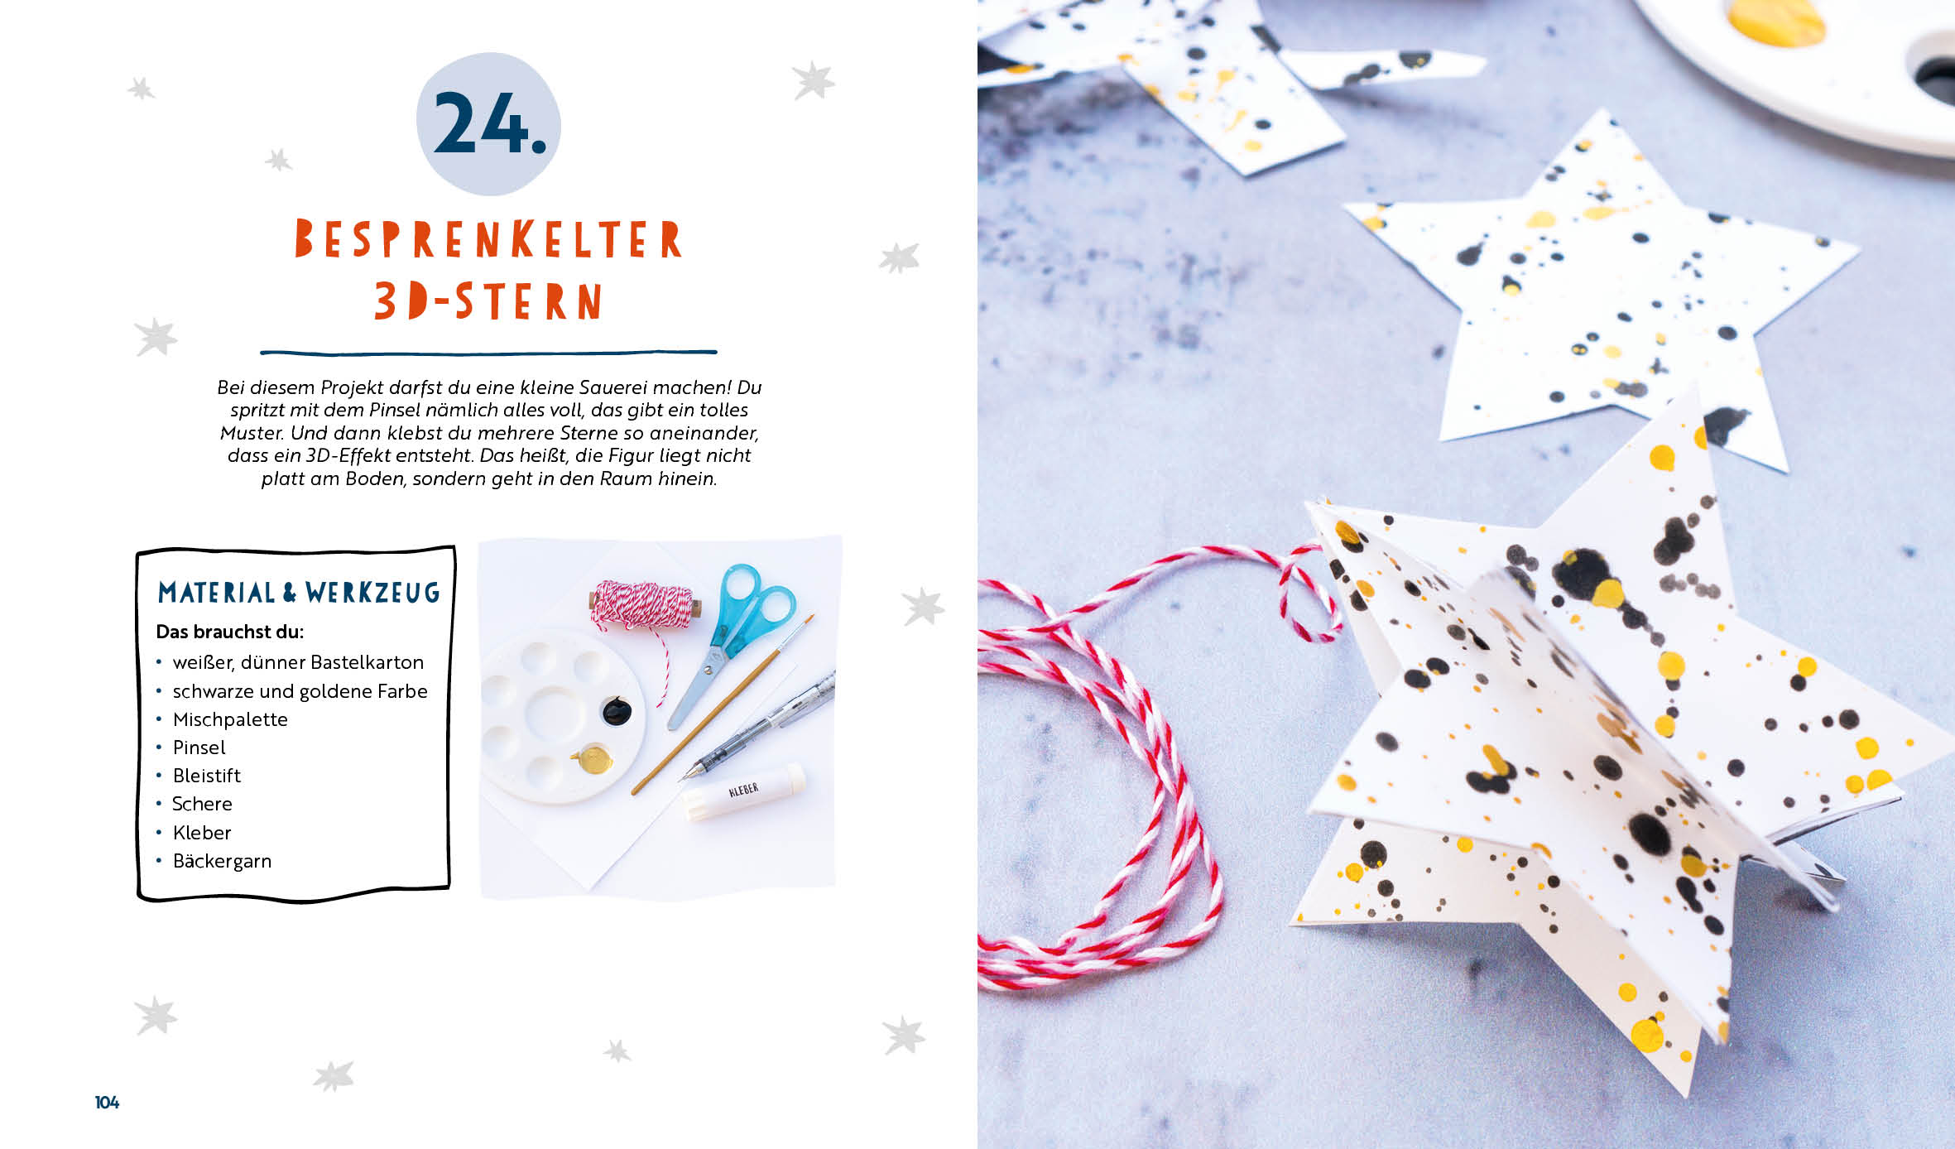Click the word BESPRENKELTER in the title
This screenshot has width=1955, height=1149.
pos(488,238)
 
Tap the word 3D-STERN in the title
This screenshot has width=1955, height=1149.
pos(488,300)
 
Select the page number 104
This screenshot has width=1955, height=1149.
pos(107,1102)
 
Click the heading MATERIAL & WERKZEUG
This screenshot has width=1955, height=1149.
pos(299,592)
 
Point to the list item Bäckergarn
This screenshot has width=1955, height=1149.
pos(222,861)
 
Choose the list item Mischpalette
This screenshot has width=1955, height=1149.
pos(230,719)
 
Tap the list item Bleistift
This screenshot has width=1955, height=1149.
pos(207,776)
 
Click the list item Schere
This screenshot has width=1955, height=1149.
pos(202,804)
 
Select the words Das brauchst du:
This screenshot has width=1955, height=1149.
pos(230,632)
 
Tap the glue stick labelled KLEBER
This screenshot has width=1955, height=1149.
pos(743,792)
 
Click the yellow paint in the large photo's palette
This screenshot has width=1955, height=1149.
pos(1776,21)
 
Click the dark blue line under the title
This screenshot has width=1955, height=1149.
pos(488,353)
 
